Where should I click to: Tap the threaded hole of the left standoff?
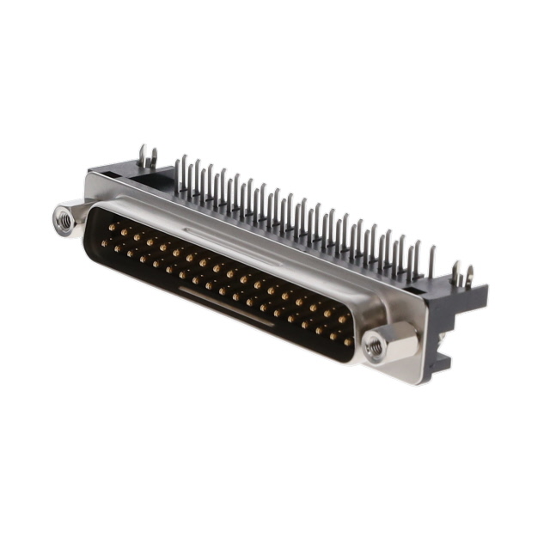(x=63, y=220)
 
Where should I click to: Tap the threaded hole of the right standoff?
(x=374, y=347)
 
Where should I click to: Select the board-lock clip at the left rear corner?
(x=147, y=158)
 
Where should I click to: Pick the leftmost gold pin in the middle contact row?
(x=104, y=244)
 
